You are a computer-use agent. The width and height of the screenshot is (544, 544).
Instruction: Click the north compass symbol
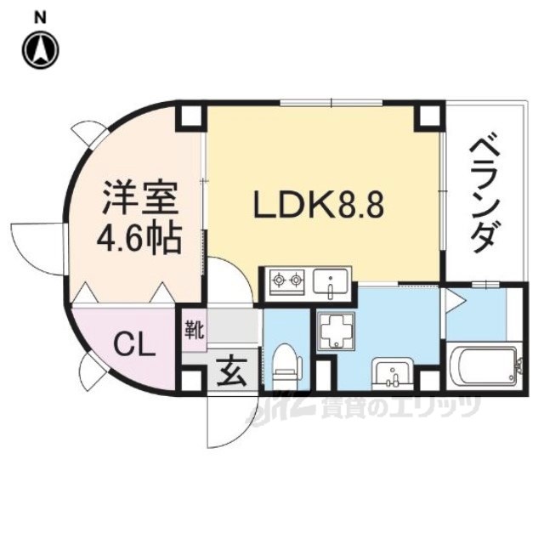click(40, 49)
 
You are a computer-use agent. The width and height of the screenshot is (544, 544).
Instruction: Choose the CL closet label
click(133, 346)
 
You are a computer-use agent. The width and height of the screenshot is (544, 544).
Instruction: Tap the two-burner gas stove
click(287, 280)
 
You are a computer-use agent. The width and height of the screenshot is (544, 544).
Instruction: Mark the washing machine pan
click(338, 328)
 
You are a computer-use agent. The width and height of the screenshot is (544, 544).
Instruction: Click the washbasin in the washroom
click(392, 371)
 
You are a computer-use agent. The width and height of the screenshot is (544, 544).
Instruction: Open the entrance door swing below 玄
click(223, 421)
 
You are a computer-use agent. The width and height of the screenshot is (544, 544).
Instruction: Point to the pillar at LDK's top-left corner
click(191, 116)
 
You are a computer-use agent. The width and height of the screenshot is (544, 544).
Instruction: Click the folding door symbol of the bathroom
click(451, 299)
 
